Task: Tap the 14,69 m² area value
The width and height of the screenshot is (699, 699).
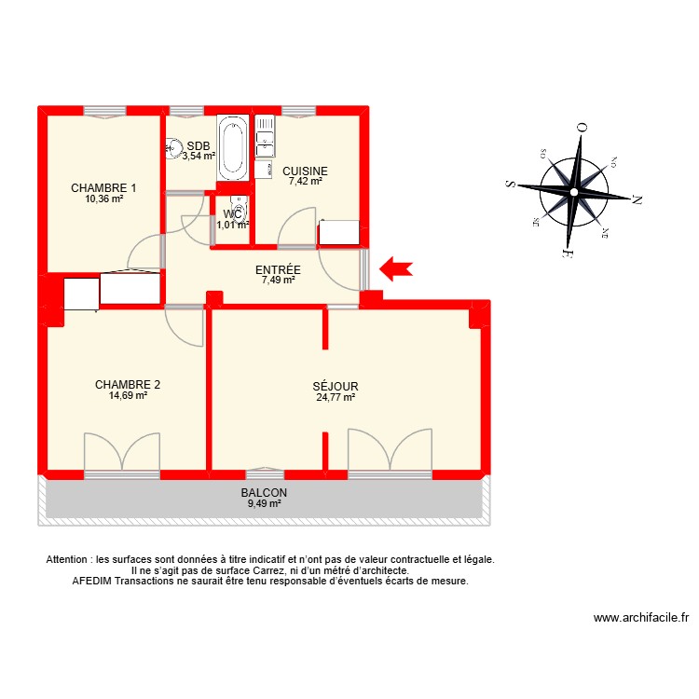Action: [129, 395]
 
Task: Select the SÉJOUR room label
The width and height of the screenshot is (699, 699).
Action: [336, 386]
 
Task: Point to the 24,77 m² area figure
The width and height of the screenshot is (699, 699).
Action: [336, 397]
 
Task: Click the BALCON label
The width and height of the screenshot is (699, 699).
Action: [264, 493]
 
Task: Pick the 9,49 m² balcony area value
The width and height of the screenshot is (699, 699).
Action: [264, 504]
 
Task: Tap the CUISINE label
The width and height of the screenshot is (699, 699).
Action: [305, 171]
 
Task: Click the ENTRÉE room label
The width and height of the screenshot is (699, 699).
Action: [277, 270]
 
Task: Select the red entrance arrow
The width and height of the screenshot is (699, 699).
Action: [397, 269]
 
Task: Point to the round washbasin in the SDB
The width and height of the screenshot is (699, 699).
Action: [173, 146]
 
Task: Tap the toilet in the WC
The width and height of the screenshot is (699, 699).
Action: [240, 212]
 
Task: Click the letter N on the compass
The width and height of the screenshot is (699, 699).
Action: [637, 199]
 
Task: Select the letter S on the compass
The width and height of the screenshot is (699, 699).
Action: [511, 185]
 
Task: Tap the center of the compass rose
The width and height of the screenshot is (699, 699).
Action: [574, 191]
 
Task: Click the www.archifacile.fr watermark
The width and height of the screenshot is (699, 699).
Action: [640, 617]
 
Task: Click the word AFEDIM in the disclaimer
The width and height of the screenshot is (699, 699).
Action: [93, 581]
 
